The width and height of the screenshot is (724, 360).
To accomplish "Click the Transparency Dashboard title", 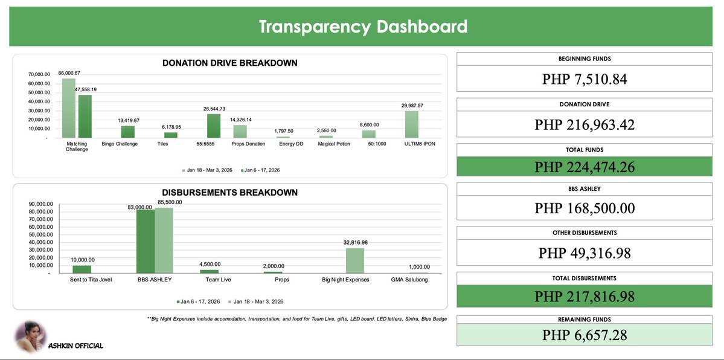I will pyautogui.click(x=363, y=27).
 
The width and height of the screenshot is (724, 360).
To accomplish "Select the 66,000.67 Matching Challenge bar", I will pyautogui.click(x=69, y=108).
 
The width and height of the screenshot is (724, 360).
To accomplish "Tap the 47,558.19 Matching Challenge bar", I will pyautogui.click(x=85, y=117).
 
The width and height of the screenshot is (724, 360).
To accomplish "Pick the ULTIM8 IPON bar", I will pyautogui.click(x=412, y=124).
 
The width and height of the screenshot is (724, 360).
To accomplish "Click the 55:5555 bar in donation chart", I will pyautogui.click(x=214, y=126).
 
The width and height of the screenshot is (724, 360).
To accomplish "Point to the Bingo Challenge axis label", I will pyautogui.click(x=120, y=144).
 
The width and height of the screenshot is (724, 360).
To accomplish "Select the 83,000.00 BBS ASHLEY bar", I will pyautogui.click(x=146, y=241).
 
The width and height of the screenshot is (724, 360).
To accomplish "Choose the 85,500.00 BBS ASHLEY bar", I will pyautogui.click(x=164, y=240).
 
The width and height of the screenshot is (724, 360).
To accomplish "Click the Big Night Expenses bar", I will pyautogui.click(x=355, y=260).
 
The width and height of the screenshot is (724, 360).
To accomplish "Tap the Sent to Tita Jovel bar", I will pyautogui.click(x=82, y=269).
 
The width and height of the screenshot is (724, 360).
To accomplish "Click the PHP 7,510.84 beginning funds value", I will pyautogui.click(x=585, y=79).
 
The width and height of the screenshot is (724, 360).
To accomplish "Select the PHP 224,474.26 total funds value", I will pyautogui.click(x=585, y=167).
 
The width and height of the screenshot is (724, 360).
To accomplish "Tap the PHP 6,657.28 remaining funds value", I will pyautogui.click(x=585, y=335).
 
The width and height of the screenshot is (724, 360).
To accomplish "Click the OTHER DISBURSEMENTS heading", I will pyautogui.click(x=585, y=233).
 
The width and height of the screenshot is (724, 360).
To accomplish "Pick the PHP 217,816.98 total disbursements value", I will pyautogui.click(x=585, y=297).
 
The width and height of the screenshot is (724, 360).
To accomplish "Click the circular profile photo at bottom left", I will pyautogui.click(x=30, y=336).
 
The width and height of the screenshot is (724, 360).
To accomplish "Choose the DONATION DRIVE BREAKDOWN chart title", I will pyautogui.click(x=230, y=63).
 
